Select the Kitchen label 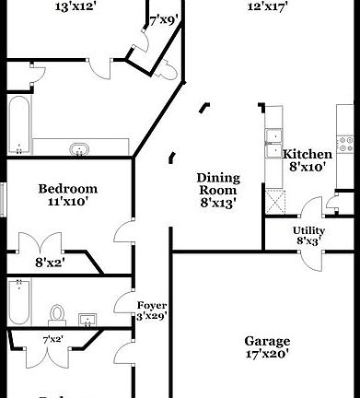[308, 154]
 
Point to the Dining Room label [218, 184]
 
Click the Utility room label [308, 230]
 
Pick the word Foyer [151, 305]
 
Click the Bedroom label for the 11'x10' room [67, 189]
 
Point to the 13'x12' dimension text [76, 7]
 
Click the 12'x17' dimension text [267, 7]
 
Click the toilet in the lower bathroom [57, 315]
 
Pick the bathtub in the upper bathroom [18, 125]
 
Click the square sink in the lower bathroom [88, 320]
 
